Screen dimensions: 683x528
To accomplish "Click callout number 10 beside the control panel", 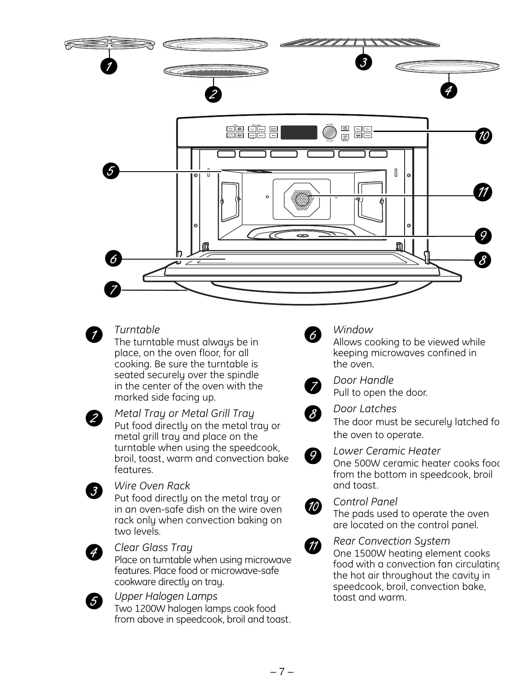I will [484, 136].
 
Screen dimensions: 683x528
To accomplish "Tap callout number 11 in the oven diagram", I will [483, 191].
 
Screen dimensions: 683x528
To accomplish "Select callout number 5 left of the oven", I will [110, 171].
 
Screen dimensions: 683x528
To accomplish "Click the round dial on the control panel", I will [330, 132].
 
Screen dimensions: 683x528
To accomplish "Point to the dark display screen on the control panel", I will [299, 132].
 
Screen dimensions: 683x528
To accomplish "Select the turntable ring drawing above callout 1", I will [110, 44].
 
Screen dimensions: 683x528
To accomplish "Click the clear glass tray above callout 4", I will [447, 66].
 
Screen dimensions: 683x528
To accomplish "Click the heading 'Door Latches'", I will [365, 409].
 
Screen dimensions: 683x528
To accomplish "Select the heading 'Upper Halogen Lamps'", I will [166, 596].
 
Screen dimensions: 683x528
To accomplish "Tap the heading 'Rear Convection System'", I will [391, 541].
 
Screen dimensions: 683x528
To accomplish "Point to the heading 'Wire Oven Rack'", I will [152, 486].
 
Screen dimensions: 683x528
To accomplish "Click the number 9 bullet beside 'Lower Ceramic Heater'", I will [313, 456].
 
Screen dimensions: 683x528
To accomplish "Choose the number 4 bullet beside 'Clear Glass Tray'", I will [94, 552].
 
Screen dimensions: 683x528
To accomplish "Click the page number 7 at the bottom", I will [281, 672].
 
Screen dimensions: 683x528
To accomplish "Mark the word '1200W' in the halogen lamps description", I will [150, 609].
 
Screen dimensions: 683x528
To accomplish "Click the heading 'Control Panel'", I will [365, 502].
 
